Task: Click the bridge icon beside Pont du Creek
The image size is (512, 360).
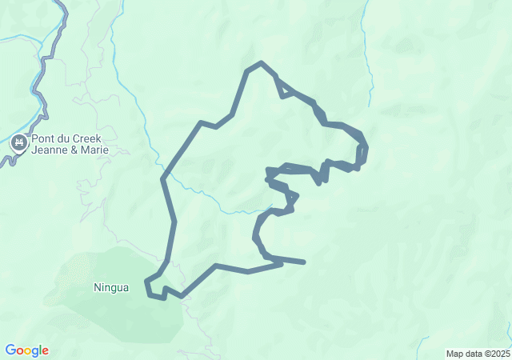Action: (x=18, y=144)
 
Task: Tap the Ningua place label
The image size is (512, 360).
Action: (x=110, y=288)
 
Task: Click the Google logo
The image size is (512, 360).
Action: (x=26, y=350)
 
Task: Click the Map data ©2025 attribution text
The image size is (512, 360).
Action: (x=477, y=354)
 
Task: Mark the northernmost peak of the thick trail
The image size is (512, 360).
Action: (x=261, y=62)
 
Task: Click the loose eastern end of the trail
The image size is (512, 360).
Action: (x=304, y=262)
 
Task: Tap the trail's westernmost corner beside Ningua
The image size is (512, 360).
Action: (x=146, y=282)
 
